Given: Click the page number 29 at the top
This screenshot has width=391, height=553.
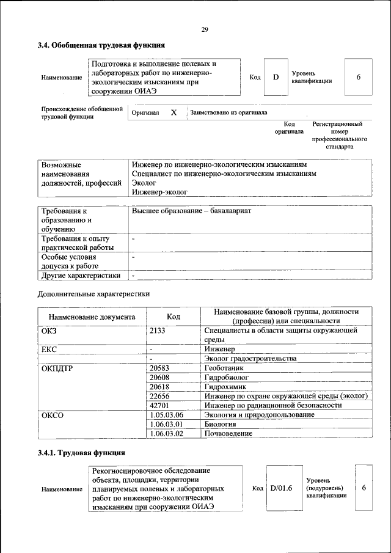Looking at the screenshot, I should coord(205,30).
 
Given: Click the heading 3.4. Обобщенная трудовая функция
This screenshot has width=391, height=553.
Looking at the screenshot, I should coord(101,45).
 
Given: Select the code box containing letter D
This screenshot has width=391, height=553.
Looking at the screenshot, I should coord(276,77).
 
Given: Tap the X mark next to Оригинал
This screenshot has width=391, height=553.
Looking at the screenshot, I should coord(174,112).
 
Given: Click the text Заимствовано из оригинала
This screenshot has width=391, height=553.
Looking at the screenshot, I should coord(228,112).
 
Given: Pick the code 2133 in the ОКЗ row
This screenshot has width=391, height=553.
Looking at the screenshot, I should coord(158,331).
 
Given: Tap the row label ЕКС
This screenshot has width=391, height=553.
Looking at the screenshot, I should coord(49,348).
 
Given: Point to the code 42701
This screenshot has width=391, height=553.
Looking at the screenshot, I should coord(159,405).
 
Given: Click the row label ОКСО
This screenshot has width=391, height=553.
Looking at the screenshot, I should coord(53,415).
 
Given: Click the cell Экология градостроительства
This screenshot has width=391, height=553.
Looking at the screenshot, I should coord(250,358).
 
